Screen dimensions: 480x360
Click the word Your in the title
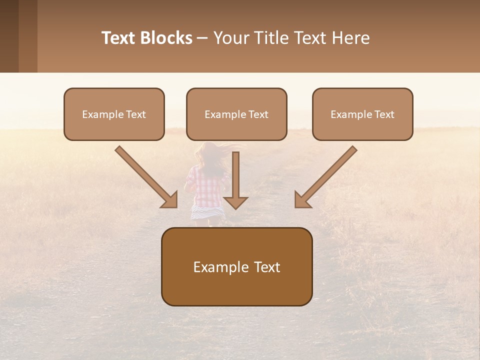click(x=230, y=38)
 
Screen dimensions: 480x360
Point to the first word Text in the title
click(x=120, y=38)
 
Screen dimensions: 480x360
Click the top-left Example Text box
click(x=114, y=114)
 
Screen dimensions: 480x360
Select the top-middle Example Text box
click(x=236, y=114)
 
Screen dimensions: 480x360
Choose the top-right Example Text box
click(x=362, y=114)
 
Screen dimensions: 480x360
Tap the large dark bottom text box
click(x=236, y=266)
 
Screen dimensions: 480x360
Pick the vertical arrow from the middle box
click(x=235, y=175)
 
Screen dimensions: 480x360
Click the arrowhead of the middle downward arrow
click(x=235, y=202)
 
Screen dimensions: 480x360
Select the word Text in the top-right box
click(x=383, y=114)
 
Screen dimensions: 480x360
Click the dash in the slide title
click(x=202, y=38)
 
